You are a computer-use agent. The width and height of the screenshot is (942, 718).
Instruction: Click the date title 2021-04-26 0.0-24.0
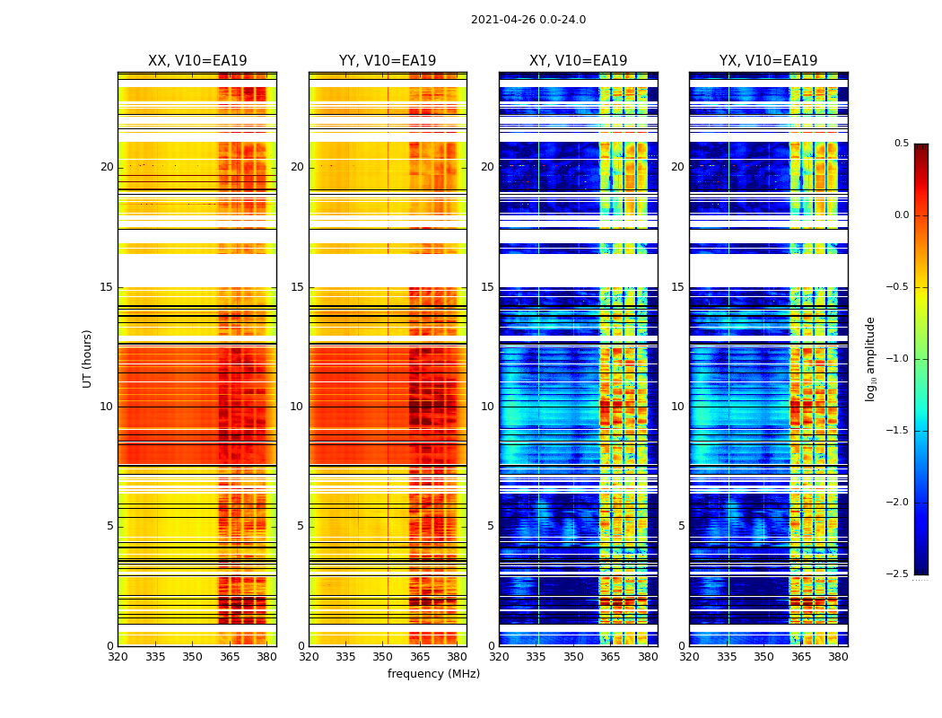pos(528,20)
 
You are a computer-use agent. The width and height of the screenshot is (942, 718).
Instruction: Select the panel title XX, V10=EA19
pos(197,61)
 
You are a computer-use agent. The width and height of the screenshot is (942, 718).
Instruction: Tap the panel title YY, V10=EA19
pos(388,61)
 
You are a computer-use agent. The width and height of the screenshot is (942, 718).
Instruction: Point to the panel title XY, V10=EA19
pos(578,61)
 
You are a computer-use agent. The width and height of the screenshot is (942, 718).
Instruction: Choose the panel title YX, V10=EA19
pos(768,61)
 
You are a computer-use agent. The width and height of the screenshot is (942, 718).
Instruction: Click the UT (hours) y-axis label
pos(87,358)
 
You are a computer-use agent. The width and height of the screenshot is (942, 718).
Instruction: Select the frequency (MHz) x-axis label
pos(433,674)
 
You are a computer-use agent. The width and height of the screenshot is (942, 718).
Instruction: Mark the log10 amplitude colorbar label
pos(870,358)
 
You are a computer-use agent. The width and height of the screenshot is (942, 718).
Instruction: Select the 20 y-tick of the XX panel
pos(107,167)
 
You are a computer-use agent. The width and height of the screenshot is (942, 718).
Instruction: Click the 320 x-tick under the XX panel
pos(118,657)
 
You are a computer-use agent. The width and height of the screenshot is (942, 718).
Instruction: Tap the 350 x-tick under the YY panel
pos(383,657)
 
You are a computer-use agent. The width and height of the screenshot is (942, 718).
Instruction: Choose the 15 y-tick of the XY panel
pos(487,287)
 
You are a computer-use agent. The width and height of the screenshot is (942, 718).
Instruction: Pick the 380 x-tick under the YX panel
pos(838,657)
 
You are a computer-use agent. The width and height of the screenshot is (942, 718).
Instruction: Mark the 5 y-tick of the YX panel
pos(681,526)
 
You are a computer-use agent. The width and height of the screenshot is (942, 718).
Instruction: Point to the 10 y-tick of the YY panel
pos(297,407)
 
